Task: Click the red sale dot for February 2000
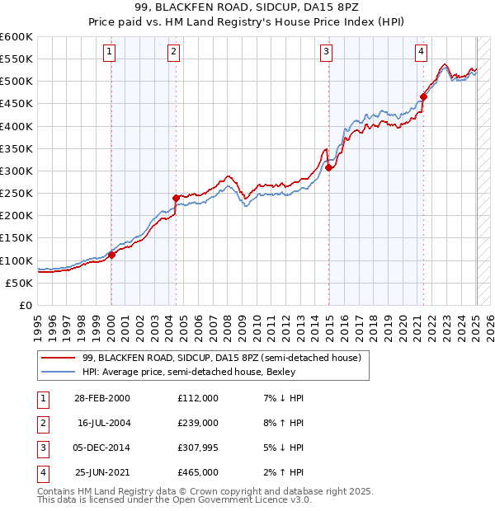pos(111,255)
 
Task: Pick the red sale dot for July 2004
pos(176,198)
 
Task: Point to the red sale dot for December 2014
pos(328,167)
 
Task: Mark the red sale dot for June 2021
pos(423,96)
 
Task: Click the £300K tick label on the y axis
pos(16,171)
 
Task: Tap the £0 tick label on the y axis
pos(25,305)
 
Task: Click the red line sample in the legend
pos(59,359)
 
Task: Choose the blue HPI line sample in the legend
pos(59,372)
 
